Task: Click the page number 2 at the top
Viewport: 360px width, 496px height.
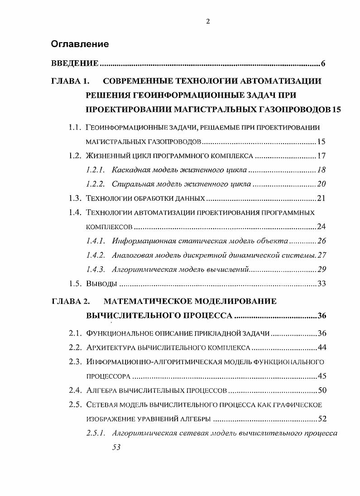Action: (207, 21)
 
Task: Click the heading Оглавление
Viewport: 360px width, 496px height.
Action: (80, 44)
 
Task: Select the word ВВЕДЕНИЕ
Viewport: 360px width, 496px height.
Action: (75, 63)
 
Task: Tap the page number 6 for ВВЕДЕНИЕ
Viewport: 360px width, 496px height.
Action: (323, 63)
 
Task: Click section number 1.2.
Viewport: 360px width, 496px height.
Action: (75, 156)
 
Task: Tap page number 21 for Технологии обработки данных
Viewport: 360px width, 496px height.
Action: (321, 198)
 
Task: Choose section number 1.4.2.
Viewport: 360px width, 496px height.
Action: (96, 255)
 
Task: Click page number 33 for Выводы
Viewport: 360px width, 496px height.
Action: (321, 284)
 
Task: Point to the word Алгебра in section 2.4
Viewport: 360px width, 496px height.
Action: (101, 390)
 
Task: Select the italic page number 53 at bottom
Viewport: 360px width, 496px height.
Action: (116, 447)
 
